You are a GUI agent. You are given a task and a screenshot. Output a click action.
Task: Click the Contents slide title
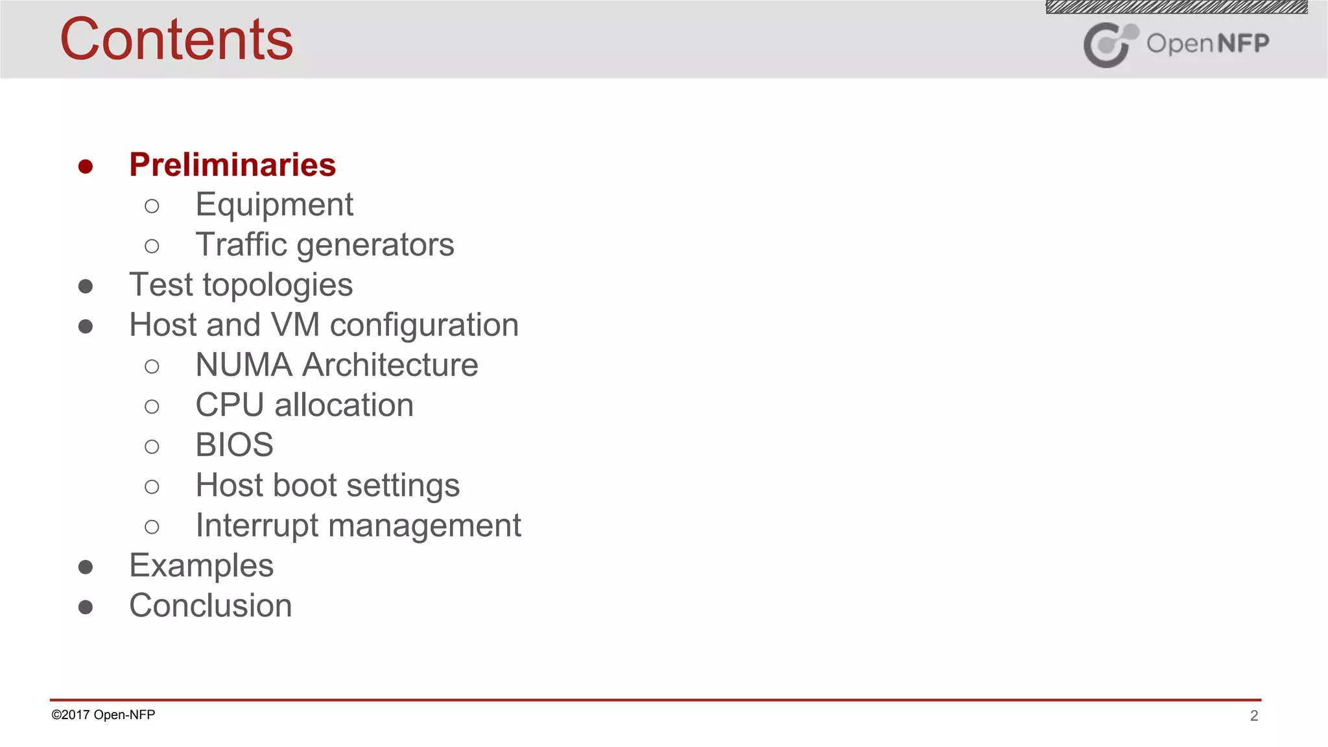pos(176,40)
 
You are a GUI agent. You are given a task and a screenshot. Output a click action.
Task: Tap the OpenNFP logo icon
pos(1110,44)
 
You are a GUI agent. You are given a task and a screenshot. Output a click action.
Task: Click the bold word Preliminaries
pos(232,165)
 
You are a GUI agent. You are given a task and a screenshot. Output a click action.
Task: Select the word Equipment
pos(274,205)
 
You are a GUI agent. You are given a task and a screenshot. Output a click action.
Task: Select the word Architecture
pos(390,365)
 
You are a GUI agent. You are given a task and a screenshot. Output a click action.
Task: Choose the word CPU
pos(230,405)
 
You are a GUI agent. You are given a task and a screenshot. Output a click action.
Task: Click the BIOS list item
pos(234,445)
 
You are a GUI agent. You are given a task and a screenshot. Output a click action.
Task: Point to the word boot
pos(309,486)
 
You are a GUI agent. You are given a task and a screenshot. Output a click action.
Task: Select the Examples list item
pos(201,566)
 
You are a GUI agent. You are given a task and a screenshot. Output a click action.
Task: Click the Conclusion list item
pos(210,606)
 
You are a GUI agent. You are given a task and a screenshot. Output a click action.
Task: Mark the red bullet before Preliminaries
pos(86,167)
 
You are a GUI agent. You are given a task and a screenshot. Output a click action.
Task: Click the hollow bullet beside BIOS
pos(152,447)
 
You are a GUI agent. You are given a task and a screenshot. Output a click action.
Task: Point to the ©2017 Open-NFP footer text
pos(103,715)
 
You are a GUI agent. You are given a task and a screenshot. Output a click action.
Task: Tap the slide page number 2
pos(1254,716)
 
